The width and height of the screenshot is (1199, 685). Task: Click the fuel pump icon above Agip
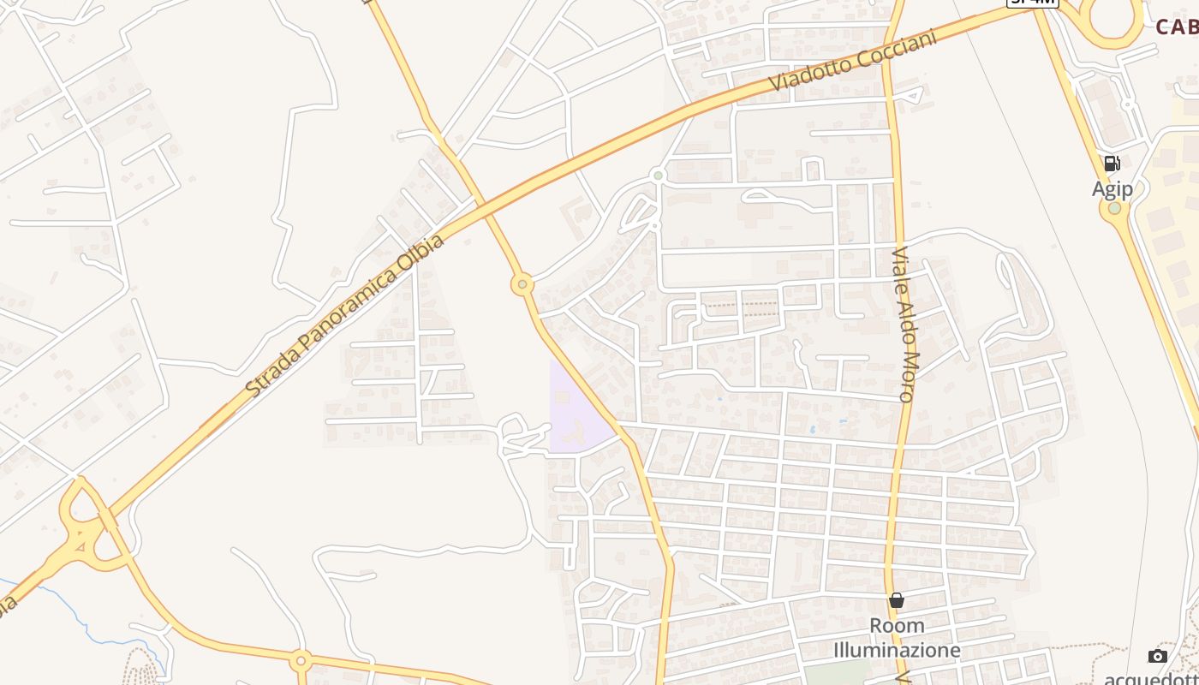click(1112, 164)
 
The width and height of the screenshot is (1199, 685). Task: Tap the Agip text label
click(1112, 189)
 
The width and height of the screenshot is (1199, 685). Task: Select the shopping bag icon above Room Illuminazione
click(896, 600)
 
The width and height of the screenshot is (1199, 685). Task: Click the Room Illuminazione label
click(897, 638)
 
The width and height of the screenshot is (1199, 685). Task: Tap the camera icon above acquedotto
click(1158, 656)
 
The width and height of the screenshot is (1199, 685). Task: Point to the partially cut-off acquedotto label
click(1152, 677)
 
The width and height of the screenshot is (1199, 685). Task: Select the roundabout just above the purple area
click(522, 284)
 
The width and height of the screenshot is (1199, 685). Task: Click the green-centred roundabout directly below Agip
click(1114, 208)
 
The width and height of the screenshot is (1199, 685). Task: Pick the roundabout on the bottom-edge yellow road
click(301, 660)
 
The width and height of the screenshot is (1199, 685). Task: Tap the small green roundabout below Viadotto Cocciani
click(658, 176)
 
